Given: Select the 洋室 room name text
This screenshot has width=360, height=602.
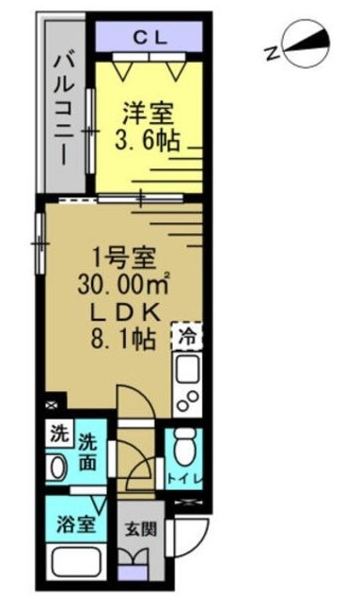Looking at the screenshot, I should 149,115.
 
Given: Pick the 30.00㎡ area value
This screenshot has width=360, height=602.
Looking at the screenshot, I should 117,280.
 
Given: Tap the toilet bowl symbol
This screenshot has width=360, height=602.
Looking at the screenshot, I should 183,447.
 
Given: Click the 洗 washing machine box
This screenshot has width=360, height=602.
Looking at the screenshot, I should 57,436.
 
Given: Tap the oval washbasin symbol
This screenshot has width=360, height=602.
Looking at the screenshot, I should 57,467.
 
